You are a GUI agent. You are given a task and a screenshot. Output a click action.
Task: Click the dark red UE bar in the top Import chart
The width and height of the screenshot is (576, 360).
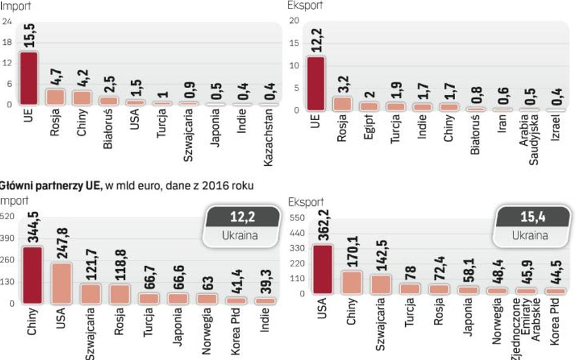point(29,78)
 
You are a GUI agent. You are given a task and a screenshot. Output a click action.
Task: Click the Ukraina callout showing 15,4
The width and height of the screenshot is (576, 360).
point(533,226)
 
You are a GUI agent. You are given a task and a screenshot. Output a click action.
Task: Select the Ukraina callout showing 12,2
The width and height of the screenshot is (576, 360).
point(242,226)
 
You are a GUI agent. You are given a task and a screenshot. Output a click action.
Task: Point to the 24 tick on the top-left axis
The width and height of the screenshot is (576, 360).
point(7,22)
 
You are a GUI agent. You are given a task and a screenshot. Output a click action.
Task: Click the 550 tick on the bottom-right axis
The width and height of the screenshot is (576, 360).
point(297,217)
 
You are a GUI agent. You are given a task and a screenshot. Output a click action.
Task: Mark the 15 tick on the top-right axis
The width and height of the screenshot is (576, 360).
point(295,44)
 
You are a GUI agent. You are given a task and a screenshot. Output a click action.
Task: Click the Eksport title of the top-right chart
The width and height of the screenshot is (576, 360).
point(305,5)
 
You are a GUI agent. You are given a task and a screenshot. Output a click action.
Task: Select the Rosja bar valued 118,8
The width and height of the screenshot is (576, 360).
point(120,293)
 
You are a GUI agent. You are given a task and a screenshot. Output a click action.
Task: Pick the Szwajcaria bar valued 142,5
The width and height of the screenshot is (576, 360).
point(380,284)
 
